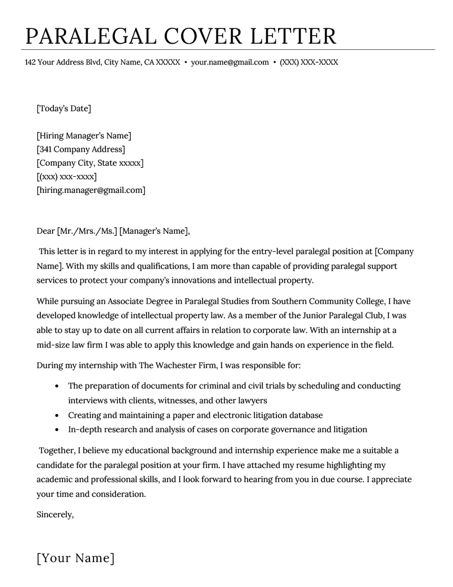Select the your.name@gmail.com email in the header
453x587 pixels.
(229, 62)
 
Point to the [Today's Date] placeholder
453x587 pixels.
(63, 108)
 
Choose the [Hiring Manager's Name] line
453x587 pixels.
(84, 136)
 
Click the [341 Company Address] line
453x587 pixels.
(80, 149)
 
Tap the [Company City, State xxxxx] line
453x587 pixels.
(90, 163)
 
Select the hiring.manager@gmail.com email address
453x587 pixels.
(91, 190)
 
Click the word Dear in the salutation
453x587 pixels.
(45, 231)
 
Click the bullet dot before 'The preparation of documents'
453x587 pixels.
(57, 386)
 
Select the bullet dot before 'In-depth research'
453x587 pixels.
(57, 430)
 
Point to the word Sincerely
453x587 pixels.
(55, 514)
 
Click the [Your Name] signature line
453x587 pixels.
(75, 558)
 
